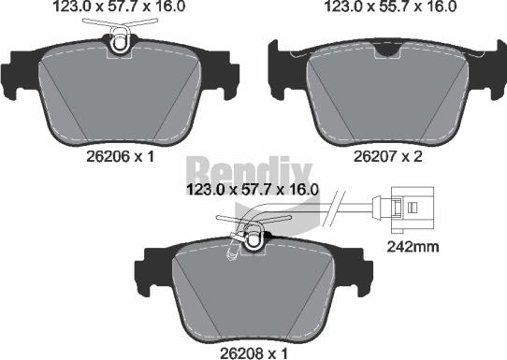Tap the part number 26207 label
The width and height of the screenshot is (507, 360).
(x=370, y=157)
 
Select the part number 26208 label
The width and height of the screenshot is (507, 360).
(x=237, y=353)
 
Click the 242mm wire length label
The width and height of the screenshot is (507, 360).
(x=413, y=247)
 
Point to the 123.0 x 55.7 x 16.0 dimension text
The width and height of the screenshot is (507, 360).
(x=391, y=7)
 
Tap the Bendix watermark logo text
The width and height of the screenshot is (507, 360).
(x=249, y=171)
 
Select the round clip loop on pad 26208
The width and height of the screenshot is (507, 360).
(x=253, y=239)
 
